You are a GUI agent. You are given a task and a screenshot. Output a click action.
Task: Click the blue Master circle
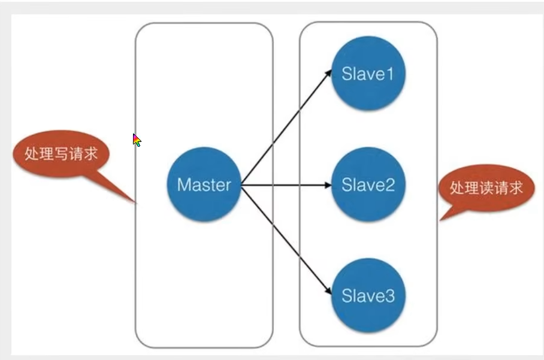(204, 184)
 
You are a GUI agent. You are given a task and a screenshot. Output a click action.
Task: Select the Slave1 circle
(368, 74)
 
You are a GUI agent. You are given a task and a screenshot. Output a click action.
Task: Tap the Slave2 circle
(368, 184)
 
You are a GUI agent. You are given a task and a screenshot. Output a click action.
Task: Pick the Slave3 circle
(368, 295)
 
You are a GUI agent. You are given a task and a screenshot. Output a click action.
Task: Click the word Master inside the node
(204, 184)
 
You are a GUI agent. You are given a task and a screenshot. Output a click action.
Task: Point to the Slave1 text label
(368, 74)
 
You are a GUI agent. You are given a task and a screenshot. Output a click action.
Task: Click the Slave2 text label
(368, 184)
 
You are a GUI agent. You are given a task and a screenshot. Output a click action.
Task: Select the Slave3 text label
(368, 295)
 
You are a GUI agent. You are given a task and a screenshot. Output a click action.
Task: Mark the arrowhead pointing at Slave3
(328, 292)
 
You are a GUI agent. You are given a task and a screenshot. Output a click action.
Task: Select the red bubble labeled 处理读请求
(486, 187)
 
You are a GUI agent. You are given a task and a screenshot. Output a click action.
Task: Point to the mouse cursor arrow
(137, 140)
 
